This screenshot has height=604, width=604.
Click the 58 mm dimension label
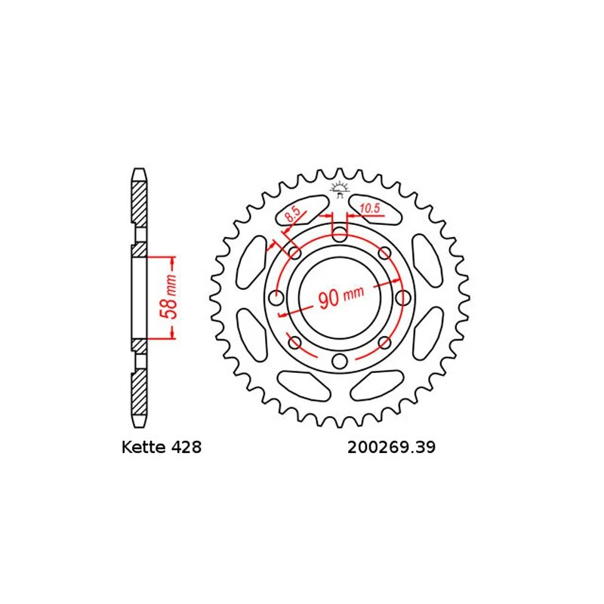[x=168, y=297]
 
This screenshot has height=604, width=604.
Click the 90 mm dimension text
[x=341, y=297]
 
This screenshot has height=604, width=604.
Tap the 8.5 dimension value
[x=292, y=214]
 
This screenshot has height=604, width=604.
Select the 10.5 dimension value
[x=370, y=209]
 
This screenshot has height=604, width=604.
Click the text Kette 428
[x=162, y=447]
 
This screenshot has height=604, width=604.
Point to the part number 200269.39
[x=391, y=447]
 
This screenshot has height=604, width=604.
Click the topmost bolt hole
[x=339, y=233]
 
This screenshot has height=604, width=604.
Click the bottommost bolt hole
[x=339, y=361]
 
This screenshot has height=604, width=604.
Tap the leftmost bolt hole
[x=276, y=297]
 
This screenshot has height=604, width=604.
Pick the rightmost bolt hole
[x=403, y=297]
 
